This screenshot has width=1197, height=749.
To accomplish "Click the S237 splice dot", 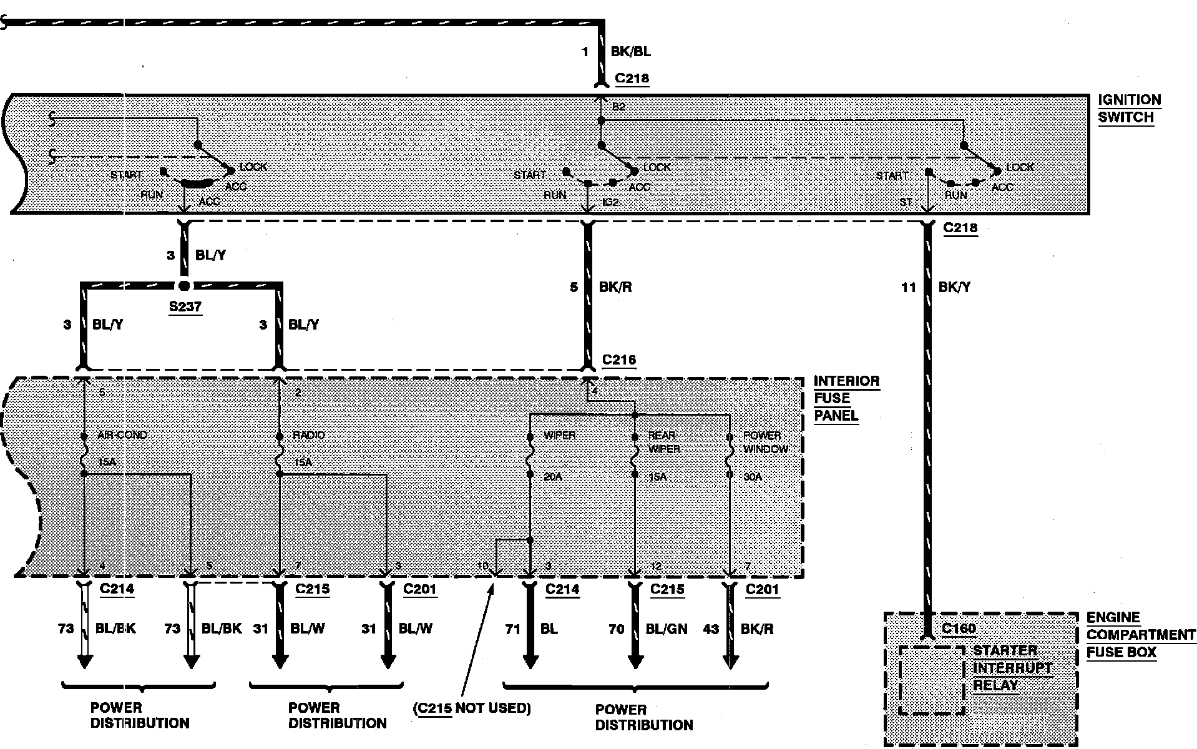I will coord(183,286).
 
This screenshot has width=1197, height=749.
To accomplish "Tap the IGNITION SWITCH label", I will coord(1129,109).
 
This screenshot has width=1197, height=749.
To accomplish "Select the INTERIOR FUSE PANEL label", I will coord(846,398).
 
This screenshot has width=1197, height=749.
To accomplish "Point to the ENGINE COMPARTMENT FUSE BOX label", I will coord(1140,635).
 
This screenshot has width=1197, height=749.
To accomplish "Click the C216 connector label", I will coord(619,360).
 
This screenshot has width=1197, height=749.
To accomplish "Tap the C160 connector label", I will coord(959,628).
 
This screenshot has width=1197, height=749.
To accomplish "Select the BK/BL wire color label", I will coord(630,52).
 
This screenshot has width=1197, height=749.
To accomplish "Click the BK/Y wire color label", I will coord(954,287).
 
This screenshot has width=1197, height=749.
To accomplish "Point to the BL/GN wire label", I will coord(667,629).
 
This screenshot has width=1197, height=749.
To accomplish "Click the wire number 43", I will coord(711,629).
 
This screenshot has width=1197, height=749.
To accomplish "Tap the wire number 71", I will coord(512,629).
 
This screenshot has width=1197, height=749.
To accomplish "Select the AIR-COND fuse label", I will coord(122,434).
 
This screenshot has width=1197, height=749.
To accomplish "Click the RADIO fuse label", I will coord(309,434).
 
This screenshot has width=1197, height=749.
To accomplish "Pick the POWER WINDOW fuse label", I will coord(765,442).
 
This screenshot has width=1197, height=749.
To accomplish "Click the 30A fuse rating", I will coord(752,477).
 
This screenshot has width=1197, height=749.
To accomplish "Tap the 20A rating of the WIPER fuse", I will coord(552,477).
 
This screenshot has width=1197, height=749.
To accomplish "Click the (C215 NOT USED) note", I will coord(472,708).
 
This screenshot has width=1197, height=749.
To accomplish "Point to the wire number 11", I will coord(908,287).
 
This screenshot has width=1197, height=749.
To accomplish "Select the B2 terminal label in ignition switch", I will coord(618,107).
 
